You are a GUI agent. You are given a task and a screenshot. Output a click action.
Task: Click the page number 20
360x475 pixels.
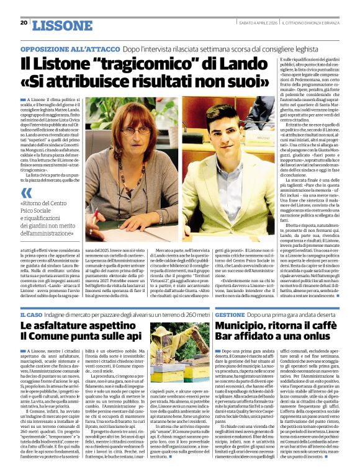point(24,23)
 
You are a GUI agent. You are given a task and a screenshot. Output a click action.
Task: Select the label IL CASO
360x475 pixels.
point(32,316)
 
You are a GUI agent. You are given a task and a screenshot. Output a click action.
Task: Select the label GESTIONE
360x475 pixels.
point(230,316)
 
